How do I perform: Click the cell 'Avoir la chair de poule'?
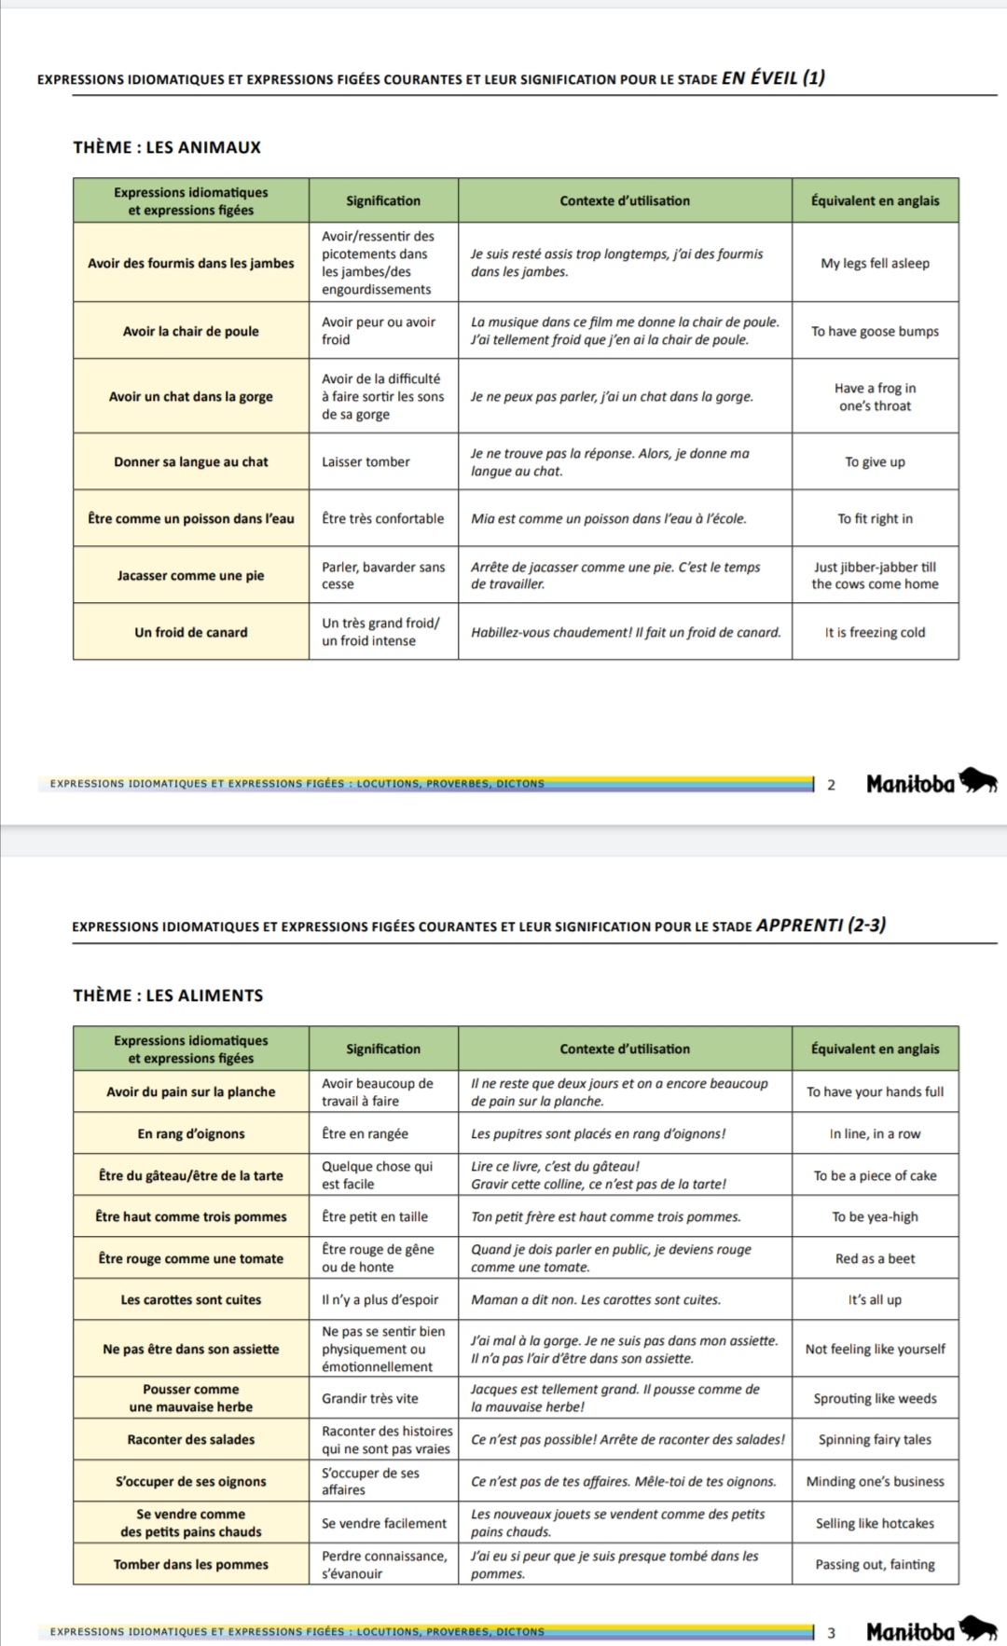click(x=191, y=331)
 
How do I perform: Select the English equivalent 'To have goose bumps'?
click(x=875, y=331)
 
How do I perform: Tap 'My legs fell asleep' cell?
click(x=875, y=263)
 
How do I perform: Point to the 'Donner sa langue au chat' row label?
click(x=191, y=461)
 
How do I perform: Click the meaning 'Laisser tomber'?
click(x=366, y=461)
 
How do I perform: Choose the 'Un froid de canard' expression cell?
click(x=191, y=632)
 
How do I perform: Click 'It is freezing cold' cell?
click(x=875, y=632)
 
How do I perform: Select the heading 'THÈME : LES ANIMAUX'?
click(x=167, y=147)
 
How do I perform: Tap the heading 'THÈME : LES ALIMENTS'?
click(x=168, y=995)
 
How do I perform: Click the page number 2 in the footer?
click(x=832, y=785)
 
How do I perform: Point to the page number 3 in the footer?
click(x=832, y=1633)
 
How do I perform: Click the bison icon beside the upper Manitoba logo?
click(x=979, y=781)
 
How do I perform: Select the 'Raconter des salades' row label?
click(x=191, y=1439)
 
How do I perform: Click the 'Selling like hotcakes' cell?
click(x=875, y=1523)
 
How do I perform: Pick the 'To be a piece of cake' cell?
click(x=875, y=1175)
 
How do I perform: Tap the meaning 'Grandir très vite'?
click(x=370, y=1398)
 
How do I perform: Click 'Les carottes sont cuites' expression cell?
click(x=191, y=1299)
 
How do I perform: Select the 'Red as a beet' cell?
click(x=875, y=1258)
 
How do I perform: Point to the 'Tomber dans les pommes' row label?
click(x=191, y=1564)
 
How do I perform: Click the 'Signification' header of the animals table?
click(x=383, y=200)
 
